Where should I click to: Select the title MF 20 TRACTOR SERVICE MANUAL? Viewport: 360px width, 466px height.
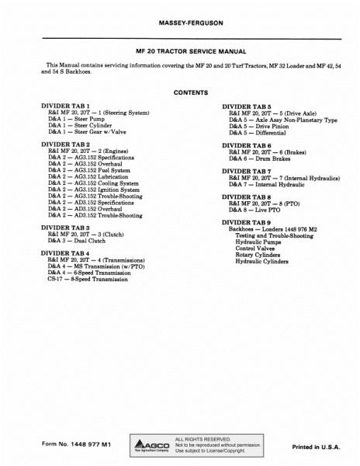pos(180,50)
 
